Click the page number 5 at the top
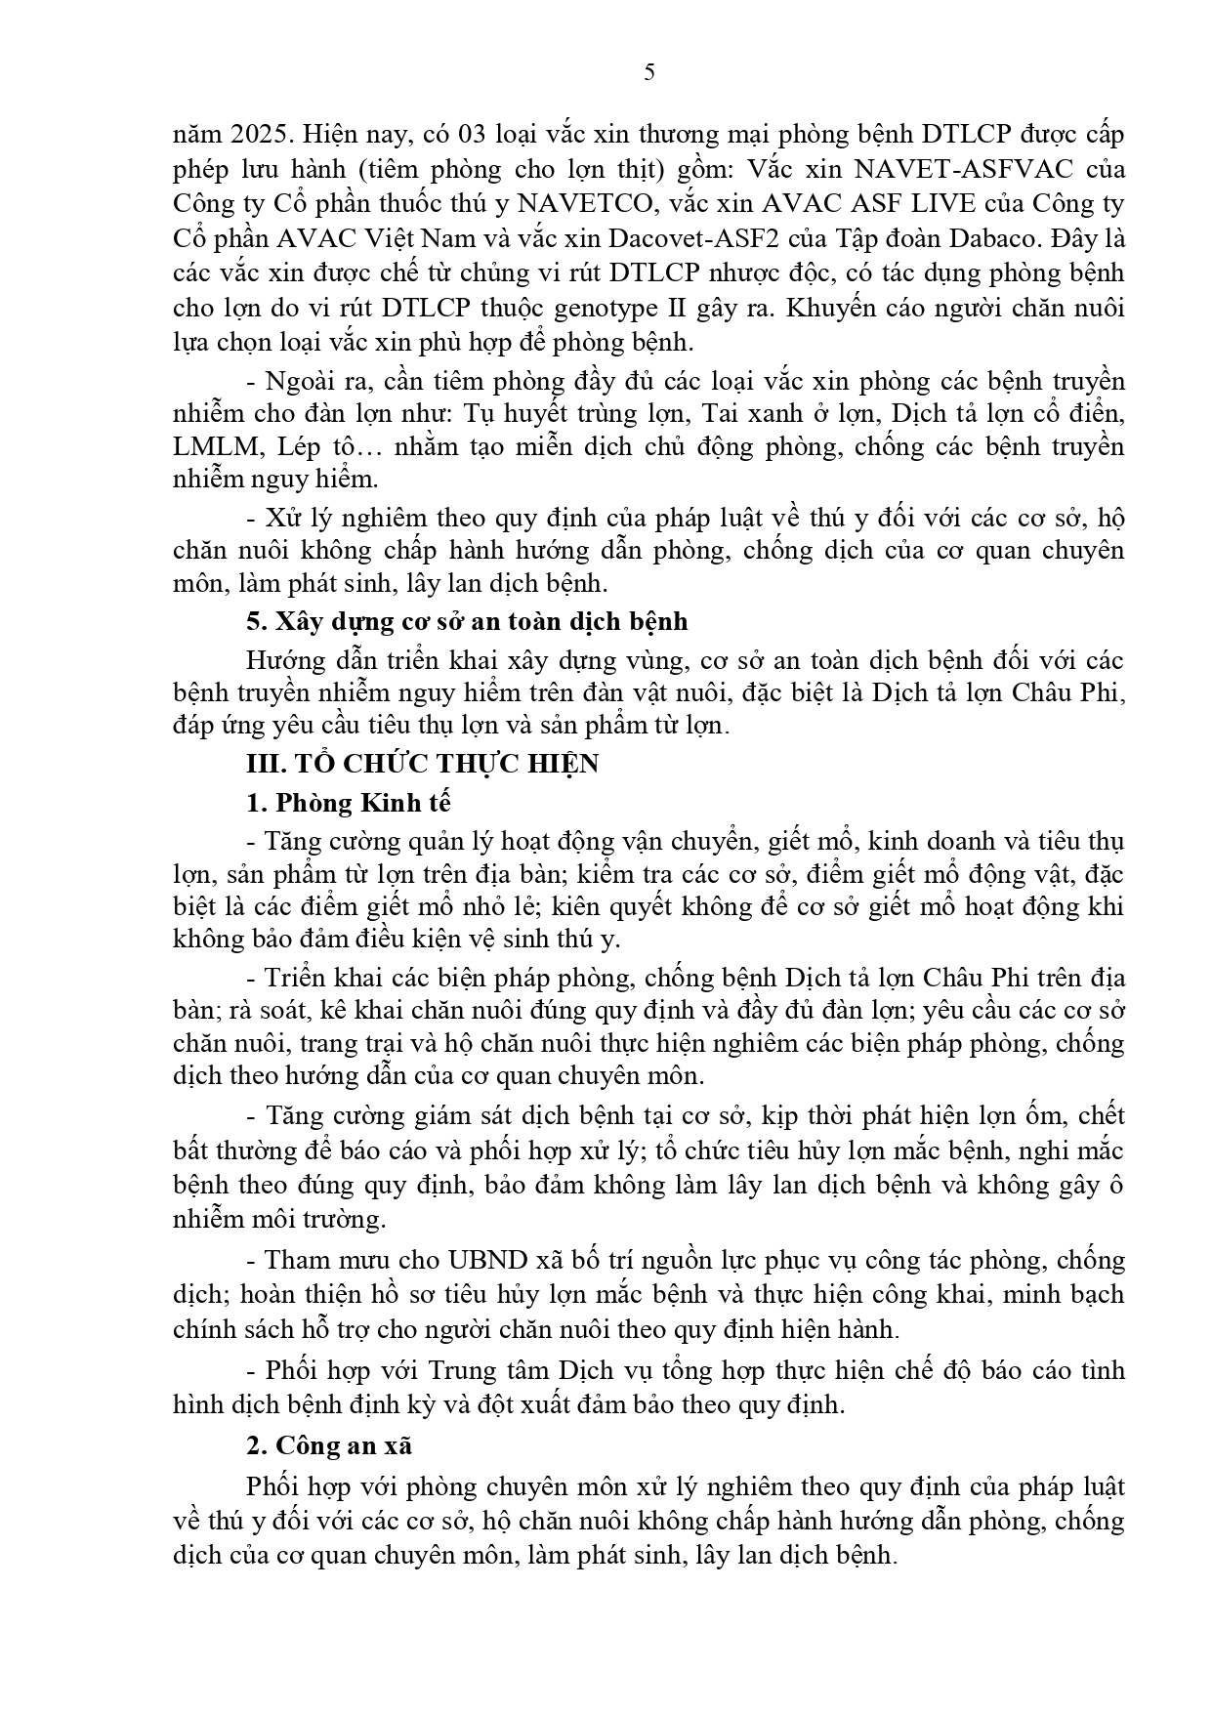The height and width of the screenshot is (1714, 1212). (649, 73)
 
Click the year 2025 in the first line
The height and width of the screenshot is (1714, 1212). (252, 134)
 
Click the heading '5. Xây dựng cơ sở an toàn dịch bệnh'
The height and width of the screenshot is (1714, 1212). (467, 621)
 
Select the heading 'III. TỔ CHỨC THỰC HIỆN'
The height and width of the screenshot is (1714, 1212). (422, 764)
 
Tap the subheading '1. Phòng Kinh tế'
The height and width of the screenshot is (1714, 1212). (349, 803)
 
